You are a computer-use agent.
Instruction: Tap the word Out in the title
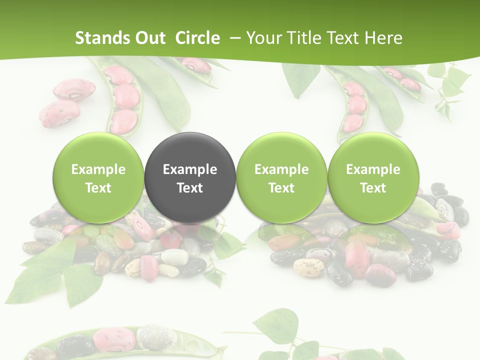click(x=149, y=38)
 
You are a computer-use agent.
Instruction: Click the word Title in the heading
click(x=304, y=38)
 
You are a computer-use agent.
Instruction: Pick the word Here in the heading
click(x=384, y=38)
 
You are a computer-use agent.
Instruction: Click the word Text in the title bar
click(x=344, y=38)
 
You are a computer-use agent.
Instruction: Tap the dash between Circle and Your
click(x=233, y=38)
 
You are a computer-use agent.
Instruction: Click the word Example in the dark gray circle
click(x=190, y=169)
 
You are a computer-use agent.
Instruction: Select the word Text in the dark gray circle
click(x=190, y=188)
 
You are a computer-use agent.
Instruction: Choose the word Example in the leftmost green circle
click(x=98, y=169)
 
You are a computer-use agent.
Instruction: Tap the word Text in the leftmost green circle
click(x=98, y=188)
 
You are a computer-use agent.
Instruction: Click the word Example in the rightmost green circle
click(x=373, y=169)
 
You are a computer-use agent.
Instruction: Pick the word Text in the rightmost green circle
click(x=373, y=188)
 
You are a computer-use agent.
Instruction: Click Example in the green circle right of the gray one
click(x=281, y=169)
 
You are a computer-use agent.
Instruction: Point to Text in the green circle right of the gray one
click(x=281, y=188)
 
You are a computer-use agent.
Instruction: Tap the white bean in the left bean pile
click(x=174, y=257)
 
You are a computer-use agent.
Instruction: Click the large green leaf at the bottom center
click(x=275, y=324)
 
